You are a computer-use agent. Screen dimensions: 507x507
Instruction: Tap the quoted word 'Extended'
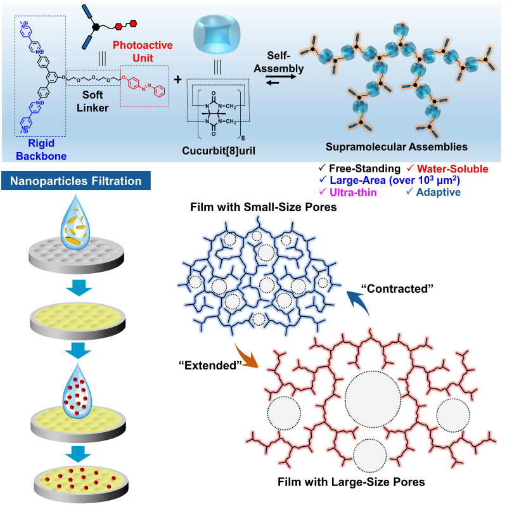point(205,366)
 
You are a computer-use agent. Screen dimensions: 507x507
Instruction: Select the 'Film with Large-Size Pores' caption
point(351,482)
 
